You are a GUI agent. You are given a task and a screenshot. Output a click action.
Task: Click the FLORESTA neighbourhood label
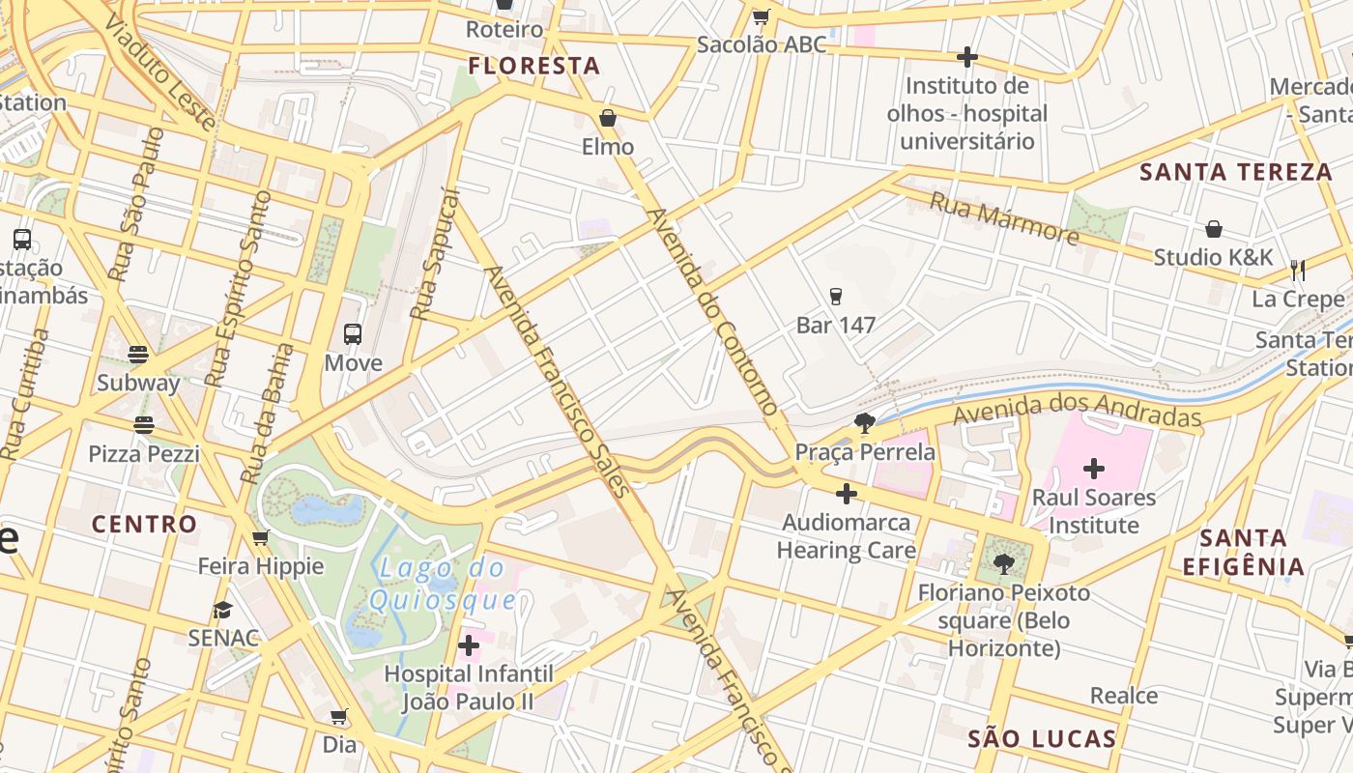pos(534,66)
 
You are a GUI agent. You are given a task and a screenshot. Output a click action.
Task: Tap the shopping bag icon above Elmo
pos(608,118)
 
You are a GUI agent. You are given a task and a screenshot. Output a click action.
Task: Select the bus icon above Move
pos(353,334)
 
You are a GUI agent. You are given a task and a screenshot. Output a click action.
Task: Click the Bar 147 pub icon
pos(836,297)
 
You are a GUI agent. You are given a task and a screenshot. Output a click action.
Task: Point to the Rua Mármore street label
pos(1003,217)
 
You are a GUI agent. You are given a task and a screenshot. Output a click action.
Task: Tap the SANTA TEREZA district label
pos(1236,172)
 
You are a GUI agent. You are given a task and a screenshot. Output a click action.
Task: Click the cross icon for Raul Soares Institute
pos(1094,469)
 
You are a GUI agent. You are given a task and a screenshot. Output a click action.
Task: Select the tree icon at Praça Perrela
pos(865,422)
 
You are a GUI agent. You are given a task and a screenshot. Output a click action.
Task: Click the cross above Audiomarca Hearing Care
pos(846,494)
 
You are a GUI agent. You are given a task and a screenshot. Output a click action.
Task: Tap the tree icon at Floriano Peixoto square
pos(1004,563)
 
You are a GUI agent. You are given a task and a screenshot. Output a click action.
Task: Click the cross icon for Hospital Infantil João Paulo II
pos(469,644)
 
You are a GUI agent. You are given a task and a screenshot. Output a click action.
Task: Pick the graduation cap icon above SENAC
pos(223,610)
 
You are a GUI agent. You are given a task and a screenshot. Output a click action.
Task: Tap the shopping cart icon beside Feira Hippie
pos(260,537)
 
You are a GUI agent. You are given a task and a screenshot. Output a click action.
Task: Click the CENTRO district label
pos(144,524)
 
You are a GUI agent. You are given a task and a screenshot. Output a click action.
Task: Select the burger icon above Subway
pos(138,354)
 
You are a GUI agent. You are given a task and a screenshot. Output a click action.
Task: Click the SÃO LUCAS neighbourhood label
pos(1042,739)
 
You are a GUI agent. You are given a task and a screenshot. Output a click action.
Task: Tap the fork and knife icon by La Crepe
pos(1298,270)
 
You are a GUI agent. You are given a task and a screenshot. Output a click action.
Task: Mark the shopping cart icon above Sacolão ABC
pos(761,16)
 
